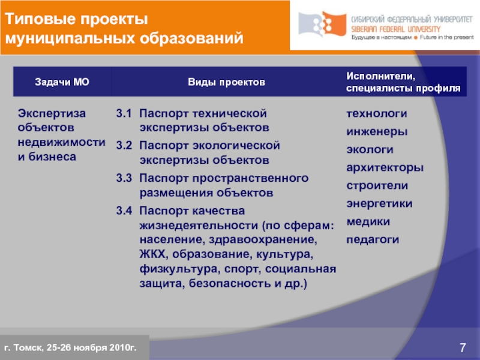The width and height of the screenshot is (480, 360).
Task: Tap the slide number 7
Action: point(463,347)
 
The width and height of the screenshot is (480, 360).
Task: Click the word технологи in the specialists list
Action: point(377,113)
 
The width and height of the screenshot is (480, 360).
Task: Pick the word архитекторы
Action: point(385,167)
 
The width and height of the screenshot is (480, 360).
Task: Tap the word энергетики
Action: point(379,203)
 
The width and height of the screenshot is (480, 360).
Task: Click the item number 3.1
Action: point(124,113)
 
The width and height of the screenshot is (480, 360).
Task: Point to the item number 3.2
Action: point(124,146)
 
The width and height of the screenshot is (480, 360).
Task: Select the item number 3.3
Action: point(124,178)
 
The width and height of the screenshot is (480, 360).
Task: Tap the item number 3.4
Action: point(124,211)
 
